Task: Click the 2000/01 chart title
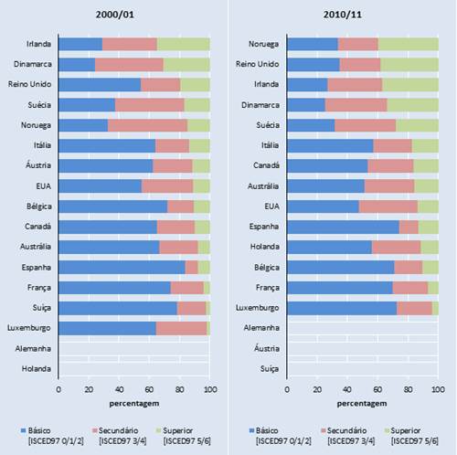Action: tap(133, 15)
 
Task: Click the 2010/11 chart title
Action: tap(362, 15)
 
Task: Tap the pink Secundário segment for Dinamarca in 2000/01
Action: tap(129, 64)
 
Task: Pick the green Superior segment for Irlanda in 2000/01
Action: tap(183, 44)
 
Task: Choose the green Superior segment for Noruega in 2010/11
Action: tap(408, 44)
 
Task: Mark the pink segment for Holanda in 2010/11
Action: tap(396, 247)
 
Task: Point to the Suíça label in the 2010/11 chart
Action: tap(268, 368)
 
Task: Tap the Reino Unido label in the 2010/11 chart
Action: tap(259, 64)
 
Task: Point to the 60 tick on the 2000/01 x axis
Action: tap(149, 389)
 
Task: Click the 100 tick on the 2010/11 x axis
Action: tap(438, 389)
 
